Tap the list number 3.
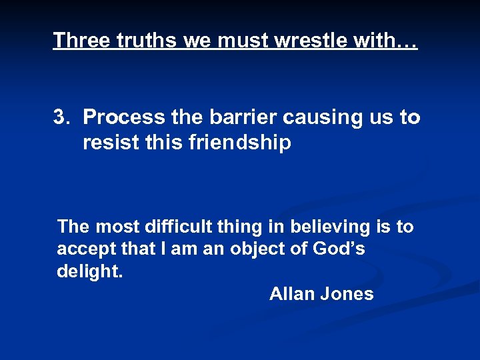61,117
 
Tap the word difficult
179,227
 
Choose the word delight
89,272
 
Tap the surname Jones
348,294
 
